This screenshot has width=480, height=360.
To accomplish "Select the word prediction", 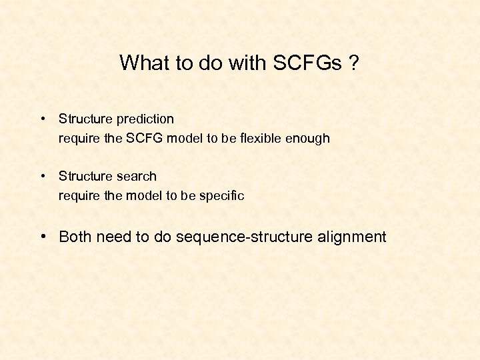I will (x=145, y=119).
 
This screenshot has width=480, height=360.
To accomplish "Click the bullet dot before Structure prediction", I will (x=43, y=119).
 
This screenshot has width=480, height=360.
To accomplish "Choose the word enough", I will (x=309, y=139).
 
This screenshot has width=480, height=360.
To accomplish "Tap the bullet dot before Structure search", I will (x=43, y=177).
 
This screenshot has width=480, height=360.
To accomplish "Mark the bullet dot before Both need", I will (x=43, y=237).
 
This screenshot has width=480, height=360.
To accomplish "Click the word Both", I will (x=76, y=237).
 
